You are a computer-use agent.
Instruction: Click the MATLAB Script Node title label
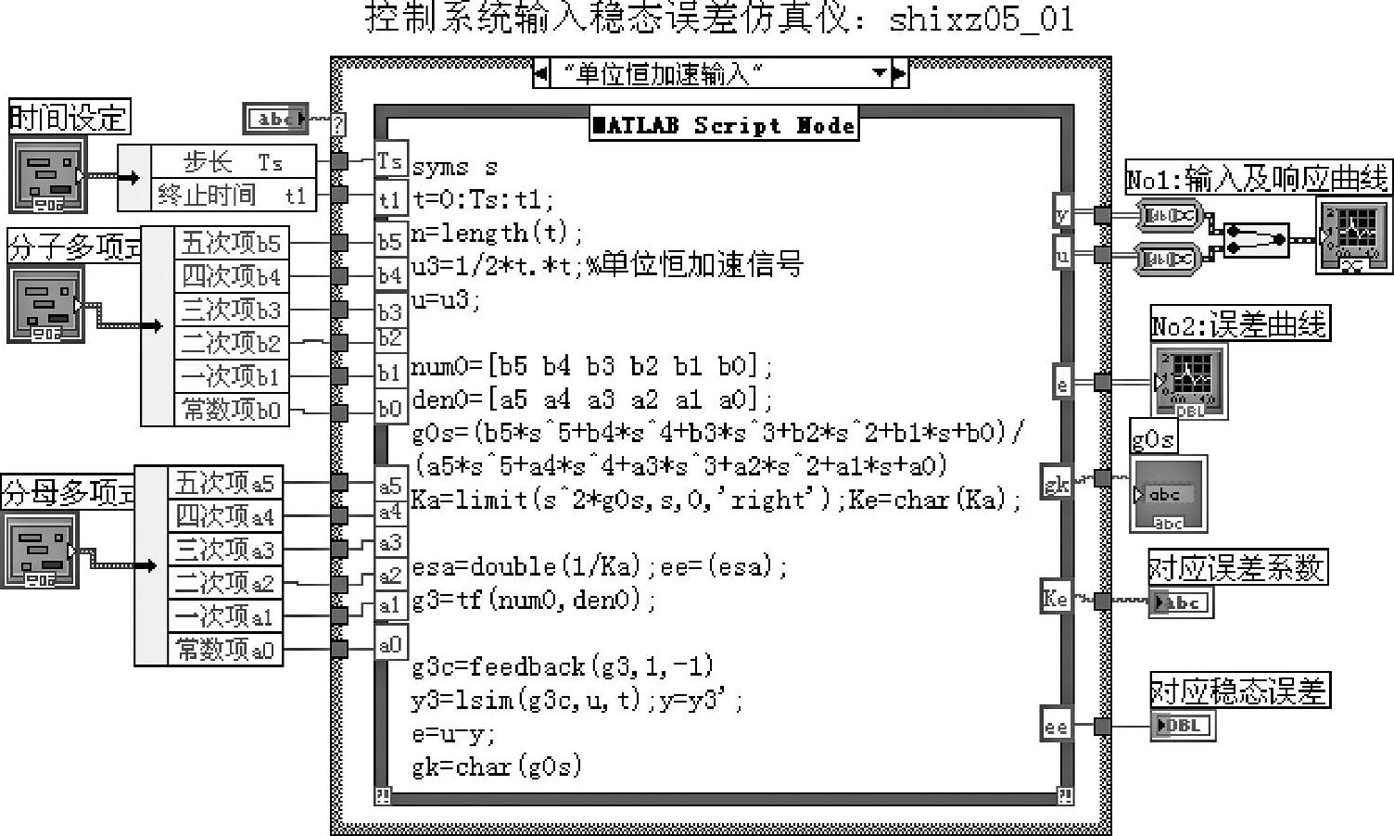pyautogui.click(x=724, y=125)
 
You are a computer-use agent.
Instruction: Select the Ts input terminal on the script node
pyautogui.click(x=389, y=161)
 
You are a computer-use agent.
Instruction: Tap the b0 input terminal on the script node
pyautogui.click(x=389, y=409)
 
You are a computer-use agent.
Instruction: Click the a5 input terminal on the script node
pyautogui.click(x=390, y=485)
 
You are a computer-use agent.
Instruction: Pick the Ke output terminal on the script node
pyautogui.click(x=1056, y=599)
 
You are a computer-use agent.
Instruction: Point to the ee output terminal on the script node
pyautogui.click(x=1056, y=726)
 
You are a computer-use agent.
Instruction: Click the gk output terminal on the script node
pyautogui.click(x=1056, y=482)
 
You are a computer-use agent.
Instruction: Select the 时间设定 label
pyautogui.click(x=69, y=118)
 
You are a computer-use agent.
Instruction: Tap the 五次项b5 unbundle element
pyautogui.click(x=231, y=243)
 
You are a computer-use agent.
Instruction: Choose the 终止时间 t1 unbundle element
pyautogui.click(x=232, y=195)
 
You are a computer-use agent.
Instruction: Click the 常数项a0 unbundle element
pyautogui.click(x=225, y=650)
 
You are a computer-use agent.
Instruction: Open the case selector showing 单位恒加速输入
pyautogui.click(x=720, y=73)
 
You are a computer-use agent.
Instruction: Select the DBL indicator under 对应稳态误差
pyautogui.click(x=1181, y=725)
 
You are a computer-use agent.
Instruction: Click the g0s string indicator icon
pyautogui.click(x=1168, y=495)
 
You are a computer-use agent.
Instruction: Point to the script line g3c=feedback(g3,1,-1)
pyautogui.click(x=564, y=666)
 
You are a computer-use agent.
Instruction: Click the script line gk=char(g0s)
pyautogui.click(x=497, y=766)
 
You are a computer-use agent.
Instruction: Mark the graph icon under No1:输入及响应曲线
pyautogui.click(x=1353, y=235)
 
